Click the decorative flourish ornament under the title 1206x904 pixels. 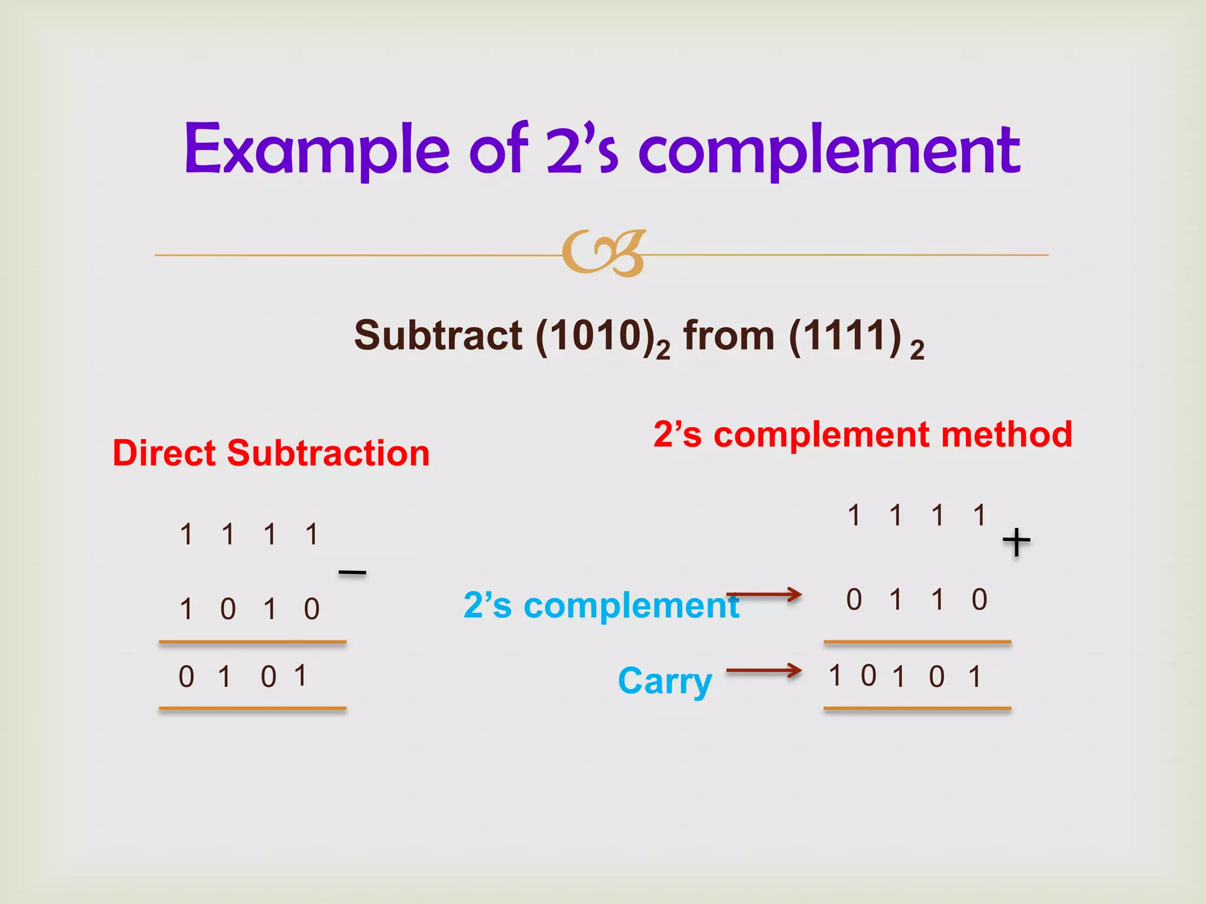604,253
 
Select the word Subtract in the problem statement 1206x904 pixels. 438,335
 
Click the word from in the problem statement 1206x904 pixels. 729,335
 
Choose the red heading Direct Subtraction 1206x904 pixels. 271,453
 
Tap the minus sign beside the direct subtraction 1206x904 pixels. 353,572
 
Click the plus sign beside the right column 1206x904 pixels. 1016,541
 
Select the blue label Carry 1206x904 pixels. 665,681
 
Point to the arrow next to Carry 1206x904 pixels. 764,670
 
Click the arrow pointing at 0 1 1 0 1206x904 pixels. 764,595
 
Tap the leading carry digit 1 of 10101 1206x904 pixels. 835,676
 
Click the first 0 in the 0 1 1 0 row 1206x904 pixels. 854,600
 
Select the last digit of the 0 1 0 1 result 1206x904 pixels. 300,676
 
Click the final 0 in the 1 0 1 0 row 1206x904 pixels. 312,609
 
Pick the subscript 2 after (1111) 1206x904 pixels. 917,350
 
